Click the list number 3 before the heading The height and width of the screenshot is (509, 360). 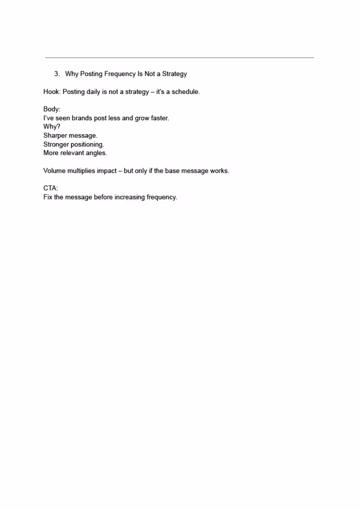pyautogui.click(x=57, y=74)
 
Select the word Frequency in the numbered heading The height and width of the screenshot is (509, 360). pyautogui.click(x=120, y=74)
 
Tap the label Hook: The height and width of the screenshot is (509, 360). pyautogui.click(x=52, y=92)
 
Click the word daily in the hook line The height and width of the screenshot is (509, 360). pyautogui.click(x=93, y=92)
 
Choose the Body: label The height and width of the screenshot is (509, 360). pyautogui.click(x=52, y=109)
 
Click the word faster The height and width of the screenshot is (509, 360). pyautogui.click(x=160, y=118)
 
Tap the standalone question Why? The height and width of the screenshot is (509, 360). pyautogui.click(x=52, y=126)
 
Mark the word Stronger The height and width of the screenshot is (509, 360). pyautogui.click(x=56, y=144)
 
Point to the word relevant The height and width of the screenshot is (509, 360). pyautogui.click(x=72, y=153)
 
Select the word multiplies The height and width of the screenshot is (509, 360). pyautogui.click(x=81, y=171)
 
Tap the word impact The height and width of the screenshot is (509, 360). pyautogui.click(x=107, y=171)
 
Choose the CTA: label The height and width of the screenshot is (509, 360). pyautogui.click(x=50, y=188)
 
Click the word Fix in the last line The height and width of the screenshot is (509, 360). pyautogui.click(x=47, y=197)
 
